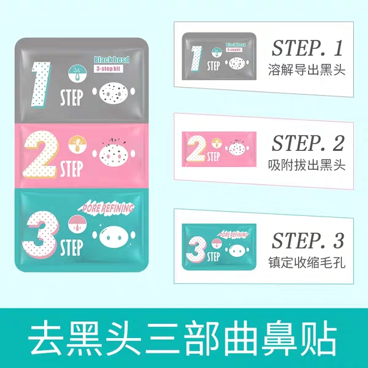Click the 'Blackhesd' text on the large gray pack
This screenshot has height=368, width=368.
112,60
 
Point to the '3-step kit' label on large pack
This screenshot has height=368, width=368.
109,71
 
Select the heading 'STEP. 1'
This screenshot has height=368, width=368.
306,48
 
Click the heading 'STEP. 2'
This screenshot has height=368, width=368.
307,145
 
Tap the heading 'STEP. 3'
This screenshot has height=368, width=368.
307,239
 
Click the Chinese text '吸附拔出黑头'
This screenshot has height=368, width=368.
307,166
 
